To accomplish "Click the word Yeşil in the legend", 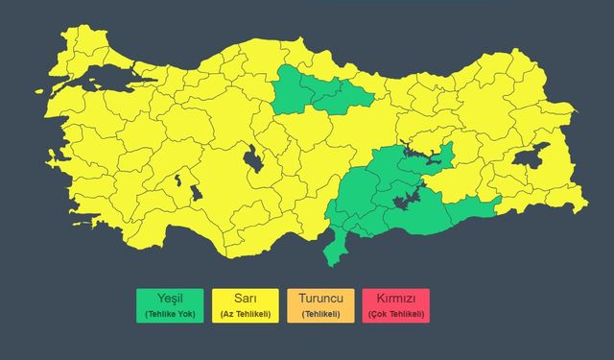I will point(169,299).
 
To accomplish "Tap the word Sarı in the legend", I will point(245,299).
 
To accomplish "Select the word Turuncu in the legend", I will point(320,299).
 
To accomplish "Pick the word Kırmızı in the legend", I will point(396,299).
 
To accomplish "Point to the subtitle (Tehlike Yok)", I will point(169,314).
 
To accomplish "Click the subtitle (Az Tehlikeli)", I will point(245,314).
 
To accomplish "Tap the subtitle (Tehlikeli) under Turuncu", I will point(320,314).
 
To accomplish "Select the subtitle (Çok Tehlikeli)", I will point(396,314).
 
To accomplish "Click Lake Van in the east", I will point(530,156).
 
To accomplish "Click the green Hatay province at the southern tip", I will point(333,249).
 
